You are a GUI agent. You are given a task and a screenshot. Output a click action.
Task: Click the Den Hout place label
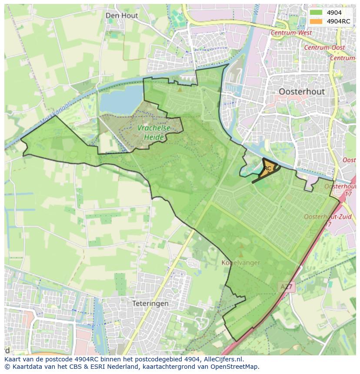point(122,16)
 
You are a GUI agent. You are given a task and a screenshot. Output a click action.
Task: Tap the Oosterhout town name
point(302,92)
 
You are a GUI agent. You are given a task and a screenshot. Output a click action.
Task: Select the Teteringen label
point(150,304)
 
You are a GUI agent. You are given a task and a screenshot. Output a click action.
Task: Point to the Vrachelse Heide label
point(154,133)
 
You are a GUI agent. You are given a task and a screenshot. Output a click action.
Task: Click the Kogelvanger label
point(241,262)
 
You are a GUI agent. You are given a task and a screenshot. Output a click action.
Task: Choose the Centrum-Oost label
point(324,47)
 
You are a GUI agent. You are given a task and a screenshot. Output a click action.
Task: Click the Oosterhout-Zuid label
point(321,216)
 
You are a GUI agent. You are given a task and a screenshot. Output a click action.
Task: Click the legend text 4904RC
point(338,21)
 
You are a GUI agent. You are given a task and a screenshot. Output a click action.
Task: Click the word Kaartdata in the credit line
point(24,367)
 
